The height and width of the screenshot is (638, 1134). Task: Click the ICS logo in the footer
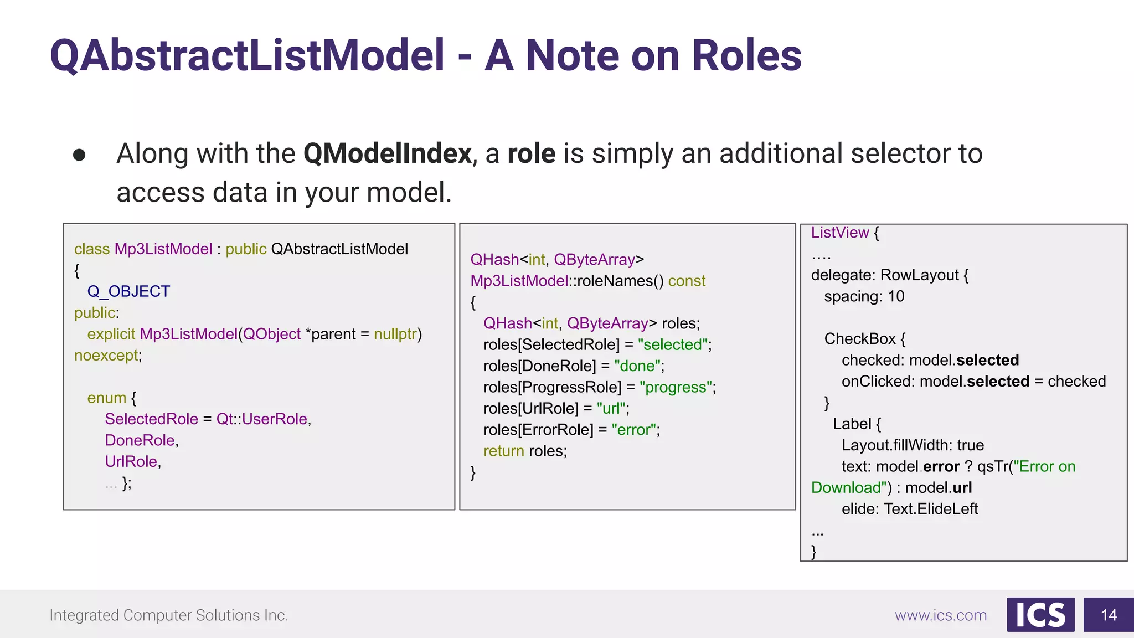point(1040,615)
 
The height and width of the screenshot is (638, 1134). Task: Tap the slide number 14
point(1109,615)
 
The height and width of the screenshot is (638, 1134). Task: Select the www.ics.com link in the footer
point(941,615)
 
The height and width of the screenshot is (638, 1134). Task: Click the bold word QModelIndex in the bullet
point(387,153)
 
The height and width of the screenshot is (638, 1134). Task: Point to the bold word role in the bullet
point(531,153)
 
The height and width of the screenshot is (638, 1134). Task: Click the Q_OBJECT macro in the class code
point(128,291)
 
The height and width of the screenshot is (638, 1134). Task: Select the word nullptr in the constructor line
point(395,334)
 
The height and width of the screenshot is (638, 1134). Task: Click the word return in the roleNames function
point(503,451)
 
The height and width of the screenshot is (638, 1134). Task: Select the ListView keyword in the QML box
point(840,233)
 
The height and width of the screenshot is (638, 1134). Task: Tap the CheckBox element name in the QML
point(859,338)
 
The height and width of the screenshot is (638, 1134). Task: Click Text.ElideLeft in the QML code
point(931,508)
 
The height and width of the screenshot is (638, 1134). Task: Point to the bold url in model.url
point(962,487)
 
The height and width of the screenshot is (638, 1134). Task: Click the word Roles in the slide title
point(746,55)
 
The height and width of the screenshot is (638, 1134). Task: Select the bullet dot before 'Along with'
point(79,155)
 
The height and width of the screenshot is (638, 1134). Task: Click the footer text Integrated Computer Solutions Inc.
point(169,615)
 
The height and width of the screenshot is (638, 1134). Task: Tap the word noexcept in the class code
point(106,355)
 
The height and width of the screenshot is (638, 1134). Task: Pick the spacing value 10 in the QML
point(896,296)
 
